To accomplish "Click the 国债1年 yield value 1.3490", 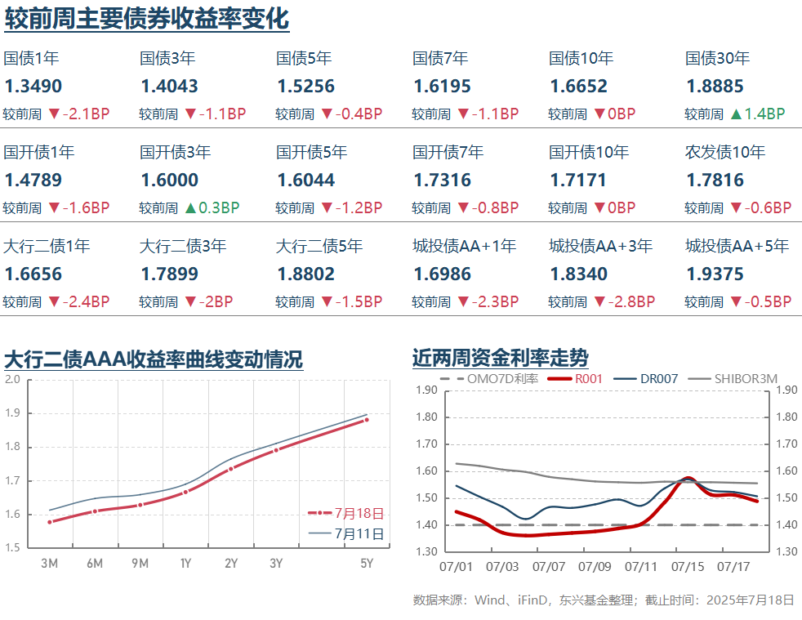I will point(33,86).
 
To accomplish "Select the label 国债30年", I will point(717,58).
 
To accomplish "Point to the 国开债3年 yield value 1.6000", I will point(170,180).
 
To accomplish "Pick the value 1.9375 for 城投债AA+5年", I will point(715,274).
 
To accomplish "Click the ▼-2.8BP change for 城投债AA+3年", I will point(624,302).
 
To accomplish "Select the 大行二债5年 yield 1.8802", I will point(306,274).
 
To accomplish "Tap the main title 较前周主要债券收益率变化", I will point(147,18).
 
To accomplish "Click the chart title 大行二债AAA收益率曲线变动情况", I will point(154,359).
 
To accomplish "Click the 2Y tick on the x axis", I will point(231,563).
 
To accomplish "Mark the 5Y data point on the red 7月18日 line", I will point(367,420).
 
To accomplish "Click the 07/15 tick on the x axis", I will point(687,565).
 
